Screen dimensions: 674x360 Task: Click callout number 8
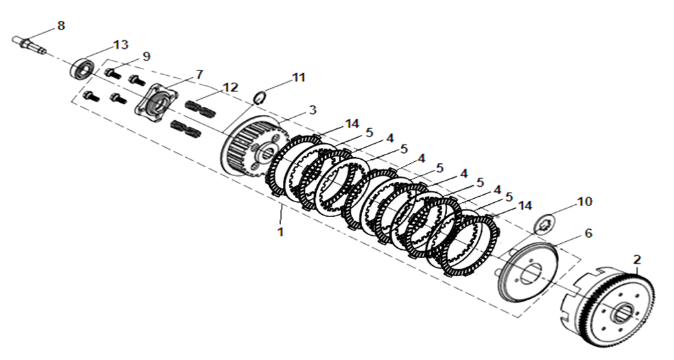point(61,26)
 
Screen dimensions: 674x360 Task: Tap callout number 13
point(120,45)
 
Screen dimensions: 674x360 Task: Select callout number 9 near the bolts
point(146,56)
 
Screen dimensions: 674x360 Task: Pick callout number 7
point(199,75)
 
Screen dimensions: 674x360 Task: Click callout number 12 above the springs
point(230,87)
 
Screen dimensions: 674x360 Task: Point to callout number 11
point(298,78)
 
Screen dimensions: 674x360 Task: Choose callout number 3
point(312,110)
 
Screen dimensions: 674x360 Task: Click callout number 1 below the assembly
point(280,232)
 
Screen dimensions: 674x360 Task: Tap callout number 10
point(585,201)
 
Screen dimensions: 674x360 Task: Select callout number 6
point(588,233)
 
